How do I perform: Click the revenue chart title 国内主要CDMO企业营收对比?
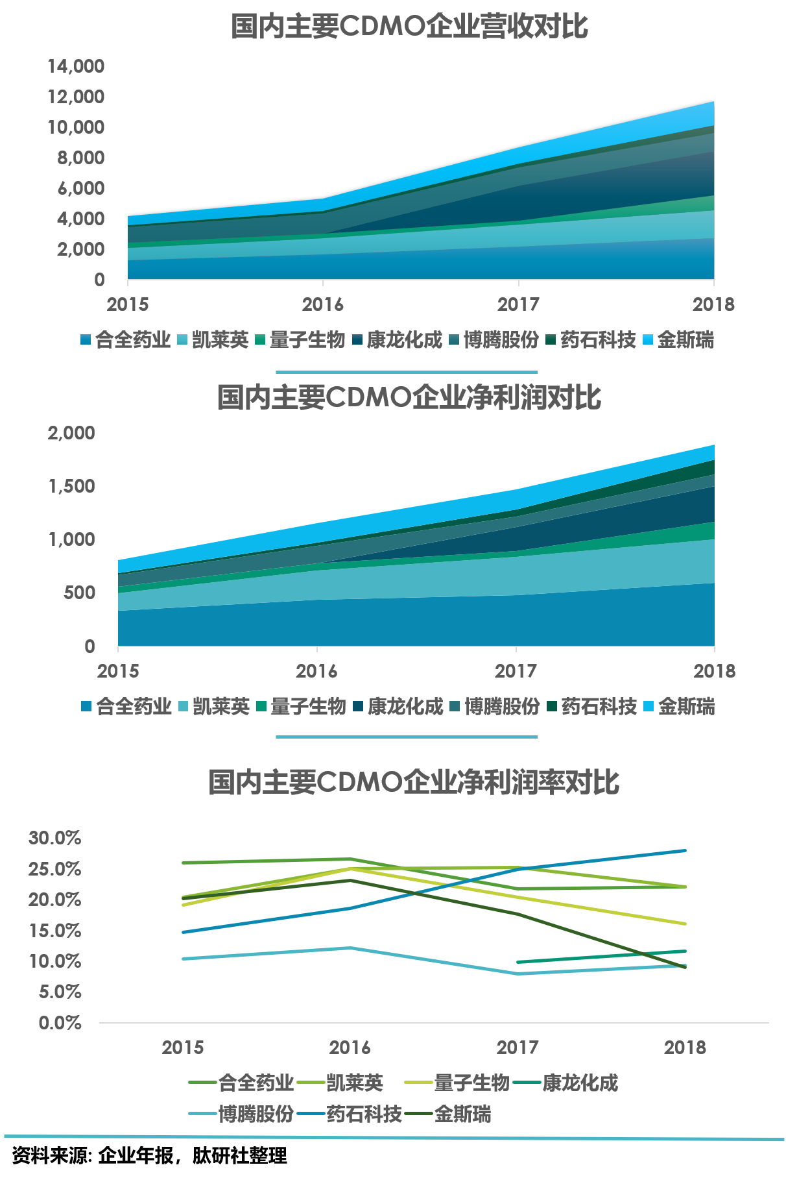point(409,27)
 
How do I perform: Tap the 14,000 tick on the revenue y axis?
point(76,66)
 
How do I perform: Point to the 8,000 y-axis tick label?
point(80,158)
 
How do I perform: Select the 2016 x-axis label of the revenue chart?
point(322,304)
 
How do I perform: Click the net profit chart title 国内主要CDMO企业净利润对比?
point(409,397)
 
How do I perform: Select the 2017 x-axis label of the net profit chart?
point(516,671)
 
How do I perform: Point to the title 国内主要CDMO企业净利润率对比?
point(414,782)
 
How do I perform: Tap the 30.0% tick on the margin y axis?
point(54,838)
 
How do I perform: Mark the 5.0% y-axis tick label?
point(60,992)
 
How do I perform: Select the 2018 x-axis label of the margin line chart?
point(685,1047)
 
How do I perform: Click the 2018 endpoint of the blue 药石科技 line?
point(685,850)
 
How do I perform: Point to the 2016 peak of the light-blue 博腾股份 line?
point(351,948)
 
